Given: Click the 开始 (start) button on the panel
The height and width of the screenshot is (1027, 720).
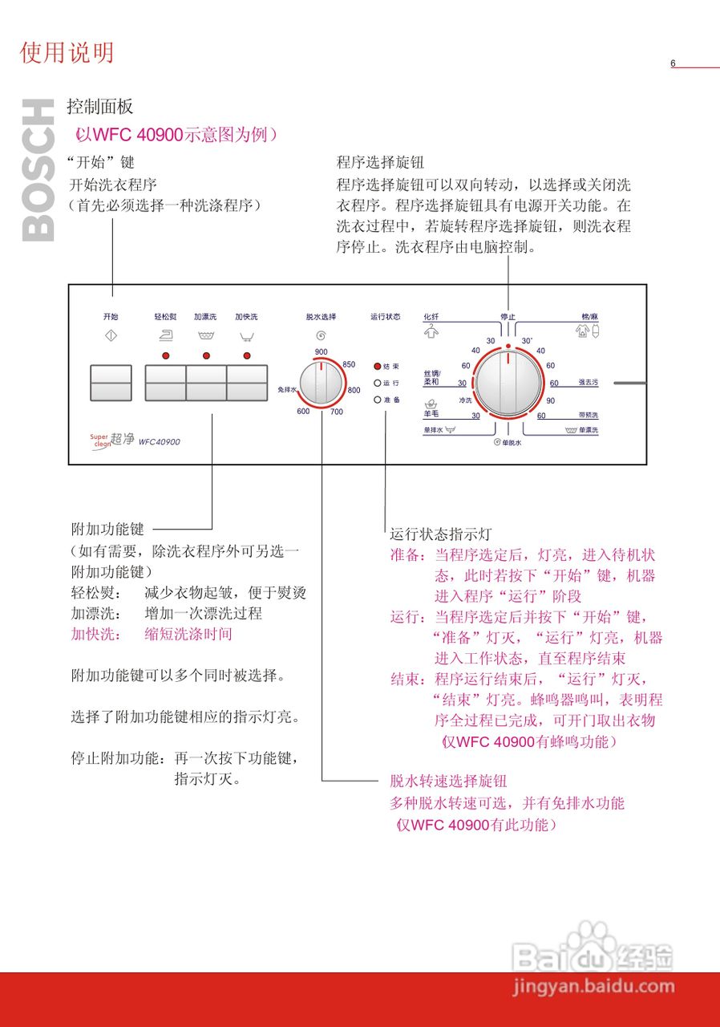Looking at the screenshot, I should (x=111, y=383).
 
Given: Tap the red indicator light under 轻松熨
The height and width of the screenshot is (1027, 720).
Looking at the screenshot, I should (x=166, y=355).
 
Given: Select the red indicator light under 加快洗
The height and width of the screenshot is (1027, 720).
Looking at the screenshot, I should (x=246, y=355).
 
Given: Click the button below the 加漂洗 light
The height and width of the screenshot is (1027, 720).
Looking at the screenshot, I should (x=206, y=383).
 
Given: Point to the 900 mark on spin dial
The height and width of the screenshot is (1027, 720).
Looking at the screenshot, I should (x=321, y=352).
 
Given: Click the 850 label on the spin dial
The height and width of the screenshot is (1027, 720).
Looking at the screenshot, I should (x=349, y=365).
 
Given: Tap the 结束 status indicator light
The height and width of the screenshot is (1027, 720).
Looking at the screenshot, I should (x=378, y=366).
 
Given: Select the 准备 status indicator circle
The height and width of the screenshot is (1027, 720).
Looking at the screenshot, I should (x=378, y=400).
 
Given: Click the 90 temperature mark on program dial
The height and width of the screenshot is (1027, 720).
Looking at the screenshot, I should (x=550, y=400).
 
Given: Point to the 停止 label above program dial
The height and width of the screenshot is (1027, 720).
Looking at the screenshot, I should (x=508, y=317).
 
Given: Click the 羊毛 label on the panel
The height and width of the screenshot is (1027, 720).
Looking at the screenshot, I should (x=431, y=414).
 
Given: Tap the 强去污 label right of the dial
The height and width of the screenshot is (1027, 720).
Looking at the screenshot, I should (x=588, y=383).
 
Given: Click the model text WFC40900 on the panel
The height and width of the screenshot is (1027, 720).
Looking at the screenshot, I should (x=160, y=441).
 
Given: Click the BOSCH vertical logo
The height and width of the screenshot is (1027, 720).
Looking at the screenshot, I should (x=38, y=170).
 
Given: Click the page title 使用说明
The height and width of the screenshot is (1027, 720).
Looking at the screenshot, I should (x=67, y=53).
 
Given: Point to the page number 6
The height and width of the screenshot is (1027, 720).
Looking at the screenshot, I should (x=673, y=64).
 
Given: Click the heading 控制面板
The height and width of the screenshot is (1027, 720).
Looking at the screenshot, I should (x=100, y=107).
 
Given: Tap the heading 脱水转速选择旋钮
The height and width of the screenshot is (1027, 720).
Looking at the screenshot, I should (x=448, y=781).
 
